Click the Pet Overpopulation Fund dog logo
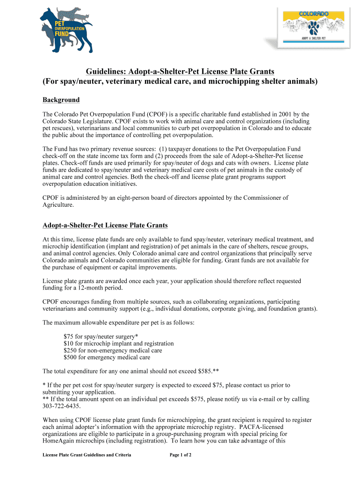[65, 29]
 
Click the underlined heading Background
[61, 100]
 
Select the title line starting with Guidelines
[180, 71]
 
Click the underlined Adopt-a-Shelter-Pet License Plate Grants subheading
[105, 225]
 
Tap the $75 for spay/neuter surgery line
[101, 336]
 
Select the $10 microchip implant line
[118, 343]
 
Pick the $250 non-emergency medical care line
[113, 350]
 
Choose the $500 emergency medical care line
[107, 357]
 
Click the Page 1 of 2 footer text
[180, 455]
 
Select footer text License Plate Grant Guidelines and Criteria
[87, 455]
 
